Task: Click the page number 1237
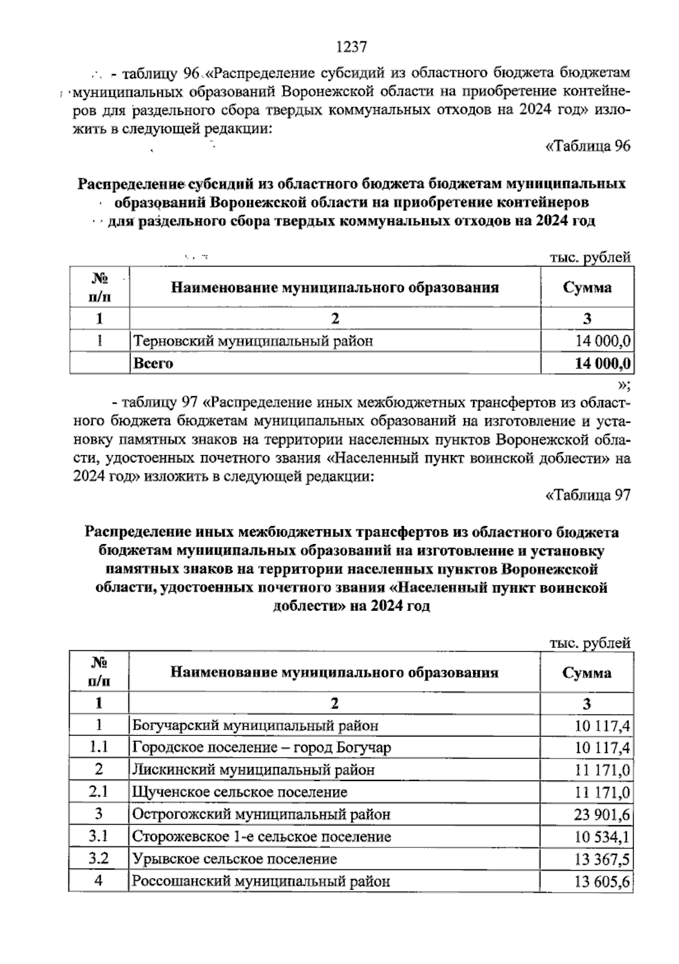[352, 47]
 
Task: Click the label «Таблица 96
[587, 146]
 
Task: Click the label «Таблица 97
[587, 495]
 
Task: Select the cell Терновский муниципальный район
[253, 341]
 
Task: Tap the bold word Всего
[153, 363]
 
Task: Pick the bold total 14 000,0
[603, 363]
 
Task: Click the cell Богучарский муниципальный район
[255, 725]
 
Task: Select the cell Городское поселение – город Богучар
[261, 747]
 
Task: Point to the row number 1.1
[99, 747]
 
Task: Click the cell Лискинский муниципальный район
[253, 770]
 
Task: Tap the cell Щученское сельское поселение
[240, 792]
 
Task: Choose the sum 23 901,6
[602, 815]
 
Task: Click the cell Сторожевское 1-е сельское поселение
[261, 837]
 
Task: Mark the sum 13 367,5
[602, 859]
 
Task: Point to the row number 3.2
[99, 859]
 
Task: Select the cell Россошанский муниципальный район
[261, 881]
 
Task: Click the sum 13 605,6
[602, 881]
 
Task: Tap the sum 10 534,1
[602, 837]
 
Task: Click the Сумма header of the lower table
[587, 672]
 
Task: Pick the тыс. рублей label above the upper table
[590, 258]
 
